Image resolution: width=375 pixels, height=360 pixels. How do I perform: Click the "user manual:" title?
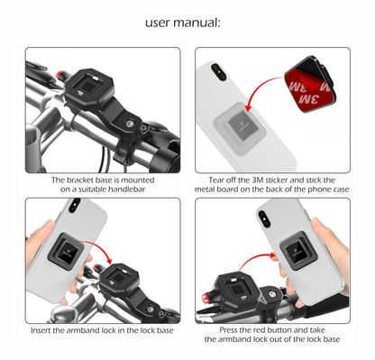[187, 21]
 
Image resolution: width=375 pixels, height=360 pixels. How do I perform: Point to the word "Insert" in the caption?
[42, 332]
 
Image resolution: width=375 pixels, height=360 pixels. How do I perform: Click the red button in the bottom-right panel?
[212, 298]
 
